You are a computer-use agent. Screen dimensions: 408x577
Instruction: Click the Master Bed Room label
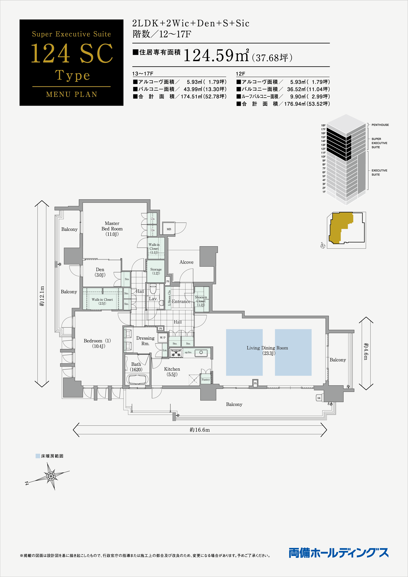click(112, 229)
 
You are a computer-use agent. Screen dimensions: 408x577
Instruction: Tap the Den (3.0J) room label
click(100, 272)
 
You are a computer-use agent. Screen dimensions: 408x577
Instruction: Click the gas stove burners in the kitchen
click(176, 353)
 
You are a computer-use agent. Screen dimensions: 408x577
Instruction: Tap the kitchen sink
click(201, 352)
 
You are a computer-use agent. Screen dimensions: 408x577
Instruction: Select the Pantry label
click(205, 380)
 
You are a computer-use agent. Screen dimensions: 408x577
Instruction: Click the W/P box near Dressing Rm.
click(162, 338)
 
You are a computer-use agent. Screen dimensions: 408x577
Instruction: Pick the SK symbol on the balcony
click(319, 398)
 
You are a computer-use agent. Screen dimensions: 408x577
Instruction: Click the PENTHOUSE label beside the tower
click(380, 125)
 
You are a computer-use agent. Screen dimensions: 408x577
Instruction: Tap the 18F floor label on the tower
click(323, 125)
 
